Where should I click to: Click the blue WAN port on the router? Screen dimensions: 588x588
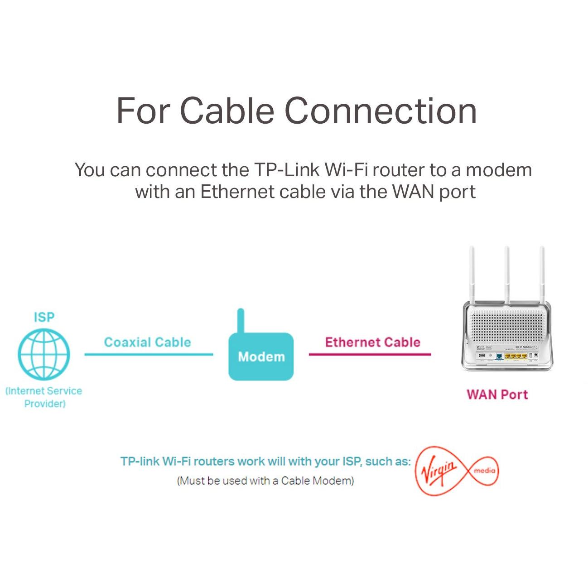(499, 357)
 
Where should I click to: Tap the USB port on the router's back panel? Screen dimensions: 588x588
(482, 356)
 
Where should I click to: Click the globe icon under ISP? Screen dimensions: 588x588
(44, 354)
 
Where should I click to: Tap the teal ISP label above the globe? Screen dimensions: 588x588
(44, 318)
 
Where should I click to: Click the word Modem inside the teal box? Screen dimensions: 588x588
(261, 357)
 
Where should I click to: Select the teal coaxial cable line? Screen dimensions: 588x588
(149, 354)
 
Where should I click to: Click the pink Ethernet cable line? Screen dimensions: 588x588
(370, 354)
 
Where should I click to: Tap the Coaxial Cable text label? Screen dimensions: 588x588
(148, 342)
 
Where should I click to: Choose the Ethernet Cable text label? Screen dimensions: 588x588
(372, 342)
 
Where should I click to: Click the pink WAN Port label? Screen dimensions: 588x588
(497, 395)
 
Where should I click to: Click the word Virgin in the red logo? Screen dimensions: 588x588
(439, 470)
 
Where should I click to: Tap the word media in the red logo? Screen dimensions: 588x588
(484, 471)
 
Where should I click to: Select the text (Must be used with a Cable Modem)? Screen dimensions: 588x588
(265, 481)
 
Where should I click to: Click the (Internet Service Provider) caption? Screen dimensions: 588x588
(44, 397)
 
